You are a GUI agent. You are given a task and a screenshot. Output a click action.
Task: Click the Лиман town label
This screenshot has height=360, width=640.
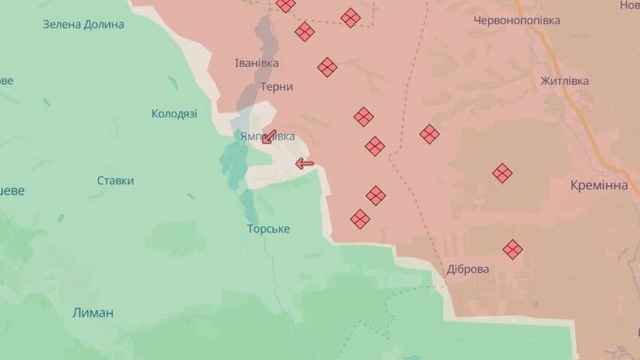click(94, 313)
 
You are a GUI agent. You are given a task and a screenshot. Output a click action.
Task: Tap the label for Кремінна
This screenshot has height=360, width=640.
click(599, 185)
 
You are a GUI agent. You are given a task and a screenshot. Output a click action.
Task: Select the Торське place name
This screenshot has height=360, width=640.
click(268, 228)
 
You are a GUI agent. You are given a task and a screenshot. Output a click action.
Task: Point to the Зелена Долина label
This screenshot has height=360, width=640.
click(83, 24)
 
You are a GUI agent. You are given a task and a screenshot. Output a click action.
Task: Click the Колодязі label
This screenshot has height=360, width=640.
click(174, 114)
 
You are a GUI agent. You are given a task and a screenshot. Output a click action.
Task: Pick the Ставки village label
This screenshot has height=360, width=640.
click(115, 181)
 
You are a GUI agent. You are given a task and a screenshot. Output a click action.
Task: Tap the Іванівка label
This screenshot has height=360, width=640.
click(256, 63)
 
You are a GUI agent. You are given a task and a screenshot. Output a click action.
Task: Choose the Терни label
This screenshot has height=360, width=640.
click(276, 87)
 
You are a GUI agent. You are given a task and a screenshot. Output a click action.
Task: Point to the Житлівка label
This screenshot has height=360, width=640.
click(564, 81)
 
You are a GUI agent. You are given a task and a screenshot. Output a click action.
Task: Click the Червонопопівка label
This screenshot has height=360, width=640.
click(517, 20)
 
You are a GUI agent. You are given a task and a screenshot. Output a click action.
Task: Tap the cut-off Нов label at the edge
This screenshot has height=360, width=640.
click(629, 5)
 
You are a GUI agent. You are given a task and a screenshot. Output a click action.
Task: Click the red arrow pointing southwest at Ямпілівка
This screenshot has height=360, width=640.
click(269, 136)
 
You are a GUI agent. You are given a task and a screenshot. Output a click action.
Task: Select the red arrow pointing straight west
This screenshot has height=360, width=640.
click(304, 163)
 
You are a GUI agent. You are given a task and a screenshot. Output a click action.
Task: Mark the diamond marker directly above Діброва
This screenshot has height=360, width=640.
click(513, 249)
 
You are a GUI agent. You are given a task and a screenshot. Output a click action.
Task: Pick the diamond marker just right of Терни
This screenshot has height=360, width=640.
click(327, 67)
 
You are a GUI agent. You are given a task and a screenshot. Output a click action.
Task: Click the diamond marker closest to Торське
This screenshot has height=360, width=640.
click(360, 218)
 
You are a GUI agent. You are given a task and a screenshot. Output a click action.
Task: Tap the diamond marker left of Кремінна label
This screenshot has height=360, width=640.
click(502, 173)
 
